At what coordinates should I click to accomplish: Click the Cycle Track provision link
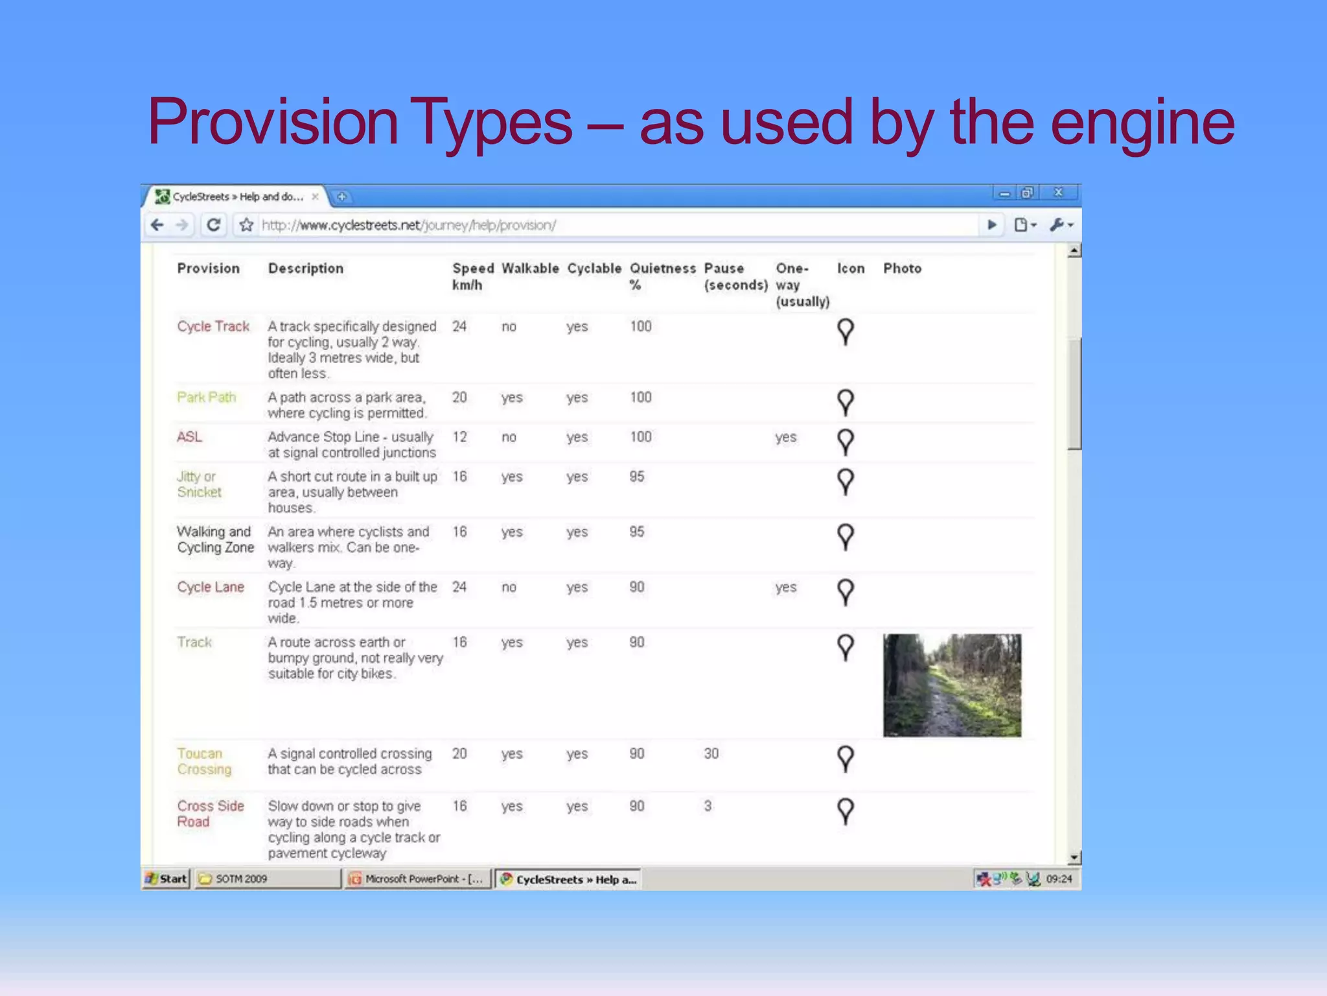[x=213, y=326]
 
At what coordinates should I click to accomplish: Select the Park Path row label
[x=206, y=397]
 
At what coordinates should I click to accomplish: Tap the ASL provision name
[x=189, y=437]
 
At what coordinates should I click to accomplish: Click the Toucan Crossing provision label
[x=204, y=761]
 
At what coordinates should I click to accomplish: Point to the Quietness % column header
[x=662, y=276]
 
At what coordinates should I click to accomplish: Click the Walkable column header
[x=530, y=268]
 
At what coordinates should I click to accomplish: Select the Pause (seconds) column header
[x=735, y=276]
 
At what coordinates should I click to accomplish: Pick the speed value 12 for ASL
[x=459, y=437]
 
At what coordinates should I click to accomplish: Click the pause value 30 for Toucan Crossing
[x=711, y=753]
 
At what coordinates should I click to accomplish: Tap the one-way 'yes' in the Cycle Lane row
[x=785, y=587]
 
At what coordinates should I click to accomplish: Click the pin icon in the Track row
[x=846, y=647]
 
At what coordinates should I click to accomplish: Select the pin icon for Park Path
[x=846, y=402]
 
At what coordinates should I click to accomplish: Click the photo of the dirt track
[x=952, y=685]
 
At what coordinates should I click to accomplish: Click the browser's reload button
[x=213, y=225]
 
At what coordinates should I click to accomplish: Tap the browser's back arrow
[x=157, y=225]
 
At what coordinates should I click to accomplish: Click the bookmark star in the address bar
[x=246, y=225]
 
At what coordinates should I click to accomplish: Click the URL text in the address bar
[x=408, y=225]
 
